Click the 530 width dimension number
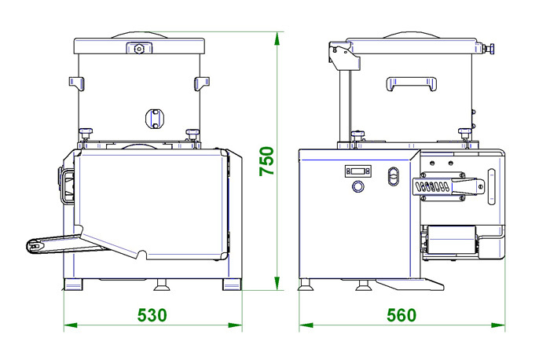[x=152, y=314]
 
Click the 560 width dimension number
[x=401, y=314]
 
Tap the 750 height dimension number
[x=266, y=161]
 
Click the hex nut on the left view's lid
[x=139, y=48]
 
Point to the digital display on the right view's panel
[x=357, y=171]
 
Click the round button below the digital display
[x=357, y=186]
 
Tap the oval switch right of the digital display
[x=394, y=176]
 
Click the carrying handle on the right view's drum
[x=411, y=83]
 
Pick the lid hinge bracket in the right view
[x=344, y=56]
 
